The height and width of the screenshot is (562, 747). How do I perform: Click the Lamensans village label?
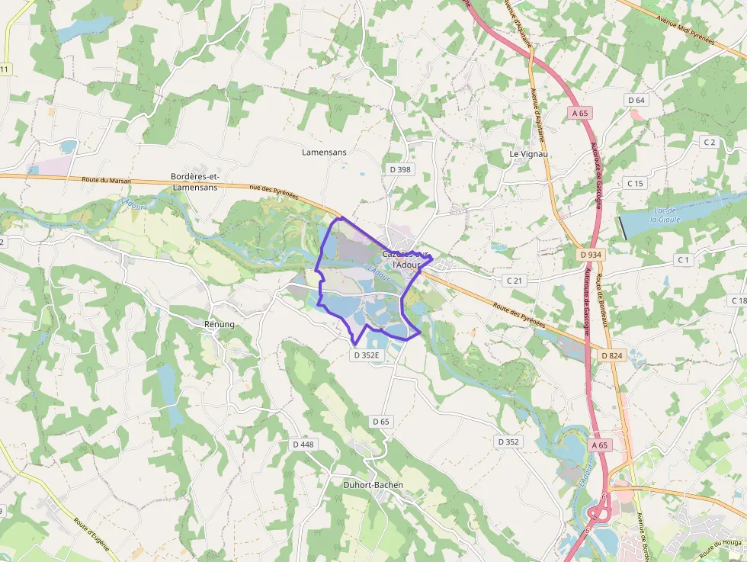[x=324, y=153]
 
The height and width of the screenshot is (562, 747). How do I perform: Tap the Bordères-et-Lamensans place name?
[x=194, y=181]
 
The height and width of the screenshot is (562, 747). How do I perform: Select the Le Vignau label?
[x=528, y=154]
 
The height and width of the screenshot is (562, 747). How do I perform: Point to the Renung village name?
[x=220, y=324]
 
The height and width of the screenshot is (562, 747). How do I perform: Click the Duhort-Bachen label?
[x=373, y=484]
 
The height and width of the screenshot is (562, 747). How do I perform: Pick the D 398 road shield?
[x=399, y=169]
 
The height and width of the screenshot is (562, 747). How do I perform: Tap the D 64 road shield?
[x=636, y=101]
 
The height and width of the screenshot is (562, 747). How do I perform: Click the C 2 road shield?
[x=709, y=143]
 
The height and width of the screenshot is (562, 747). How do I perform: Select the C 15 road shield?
[x=635, y=183]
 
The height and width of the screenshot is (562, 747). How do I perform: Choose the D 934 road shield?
[x=591, y=255]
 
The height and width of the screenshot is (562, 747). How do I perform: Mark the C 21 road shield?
[x=515, y=281]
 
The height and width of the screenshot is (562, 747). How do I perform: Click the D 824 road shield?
[x=612, y=355]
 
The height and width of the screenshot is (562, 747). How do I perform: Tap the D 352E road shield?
[x=367, y=355]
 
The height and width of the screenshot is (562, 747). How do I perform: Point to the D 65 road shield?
[x=381, y=421]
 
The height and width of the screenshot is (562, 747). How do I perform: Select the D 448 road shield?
[x=303, y=444]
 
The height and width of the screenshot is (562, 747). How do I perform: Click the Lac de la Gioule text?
[x=662, y=214]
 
